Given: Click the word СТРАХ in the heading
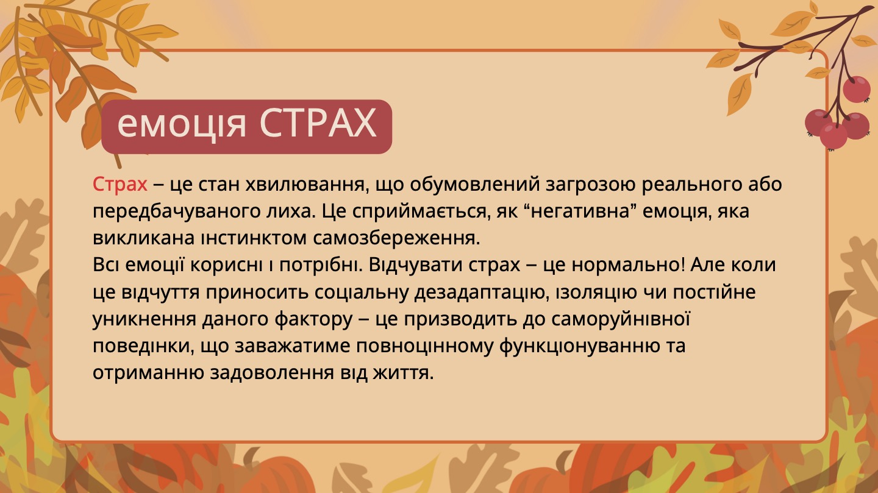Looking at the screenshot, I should point(317,124).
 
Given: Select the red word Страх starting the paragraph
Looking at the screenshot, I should point(120,184).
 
